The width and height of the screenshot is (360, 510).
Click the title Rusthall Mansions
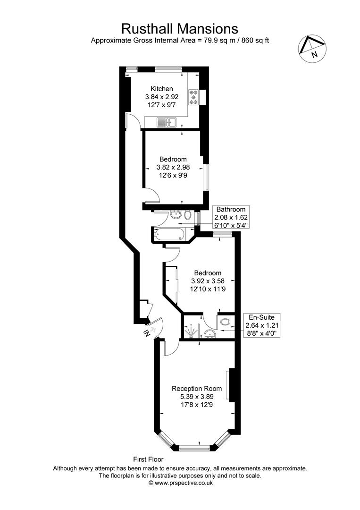click(x=179, y=28)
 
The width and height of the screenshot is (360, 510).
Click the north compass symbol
click(x=312, y=47)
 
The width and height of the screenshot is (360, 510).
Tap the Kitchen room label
click(x=161, y=89)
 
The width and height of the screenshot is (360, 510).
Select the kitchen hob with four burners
click(x=193, y=97)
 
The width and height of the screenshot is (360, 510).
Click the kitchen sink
click(x=168, y=123)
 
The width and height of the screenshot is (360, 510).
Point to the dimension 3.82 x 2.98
click(x=173, y=167)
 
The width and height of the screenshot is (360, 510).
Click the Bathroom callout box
click(x=231, y=217)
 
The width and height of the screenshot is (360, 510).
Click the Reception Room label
click(x=196, y=389)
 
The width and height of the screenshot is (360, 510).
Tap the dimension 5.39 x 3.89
click(x=196, y=397)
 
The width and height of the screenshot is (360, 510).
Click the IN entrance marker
click(x=147, y=333)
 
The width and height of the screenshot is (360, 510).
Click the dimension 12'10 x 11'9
click(x=208, y=289)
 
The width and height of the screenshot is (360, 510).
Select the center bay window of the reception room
click(x=194, y=446)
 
